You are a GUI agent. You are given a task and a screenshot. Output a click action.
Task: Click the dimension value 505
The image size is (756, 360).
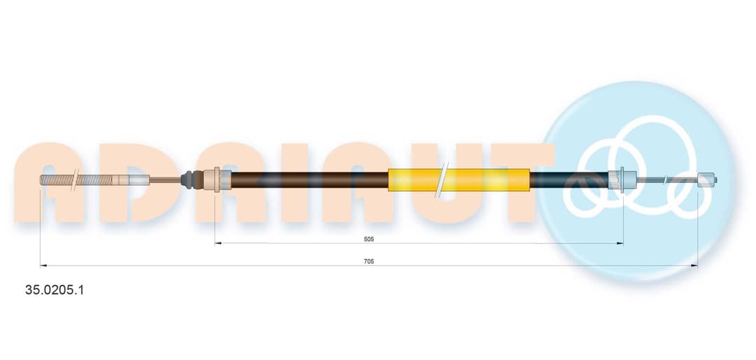370,239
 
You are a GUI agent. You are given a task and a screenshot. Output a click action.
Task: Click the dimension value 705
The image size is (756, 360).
370,261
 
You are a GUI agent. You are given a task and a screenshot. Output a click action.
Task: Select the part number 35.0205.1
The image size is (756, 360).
54,290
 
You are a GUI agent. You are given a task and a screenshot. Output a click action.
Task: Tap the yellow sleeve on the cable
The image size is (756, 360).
458,180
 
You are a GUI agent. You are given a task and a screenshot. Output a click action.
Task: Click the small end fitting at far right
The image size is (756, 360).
708,180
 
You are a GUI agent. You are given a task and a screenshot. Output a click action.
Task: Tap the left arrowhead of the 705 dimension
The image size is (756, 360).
43,265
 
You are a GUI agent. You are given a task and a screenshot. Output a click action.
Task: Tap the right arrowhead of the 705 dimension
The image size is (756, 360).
695,265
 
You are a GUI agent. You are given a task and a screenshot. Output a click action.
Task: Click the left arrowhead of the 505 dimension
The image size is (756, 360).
218,243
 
